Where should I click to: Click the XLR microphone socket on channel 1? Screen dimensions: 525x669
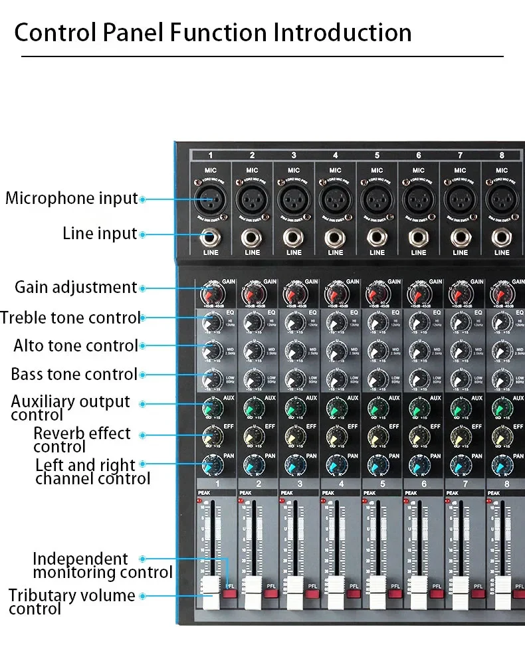pyautogui.click(x=210, y=198)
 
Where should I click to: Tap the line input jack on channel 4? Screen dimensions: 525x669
pyautogui.click(x=335, y=237)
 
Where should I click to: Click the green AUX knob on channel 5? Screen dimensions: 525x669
pyautogui.click(x=376, y=407)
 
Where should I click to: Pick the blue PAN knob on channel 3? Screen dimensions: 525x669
pyautogui.click(x=294, y=464)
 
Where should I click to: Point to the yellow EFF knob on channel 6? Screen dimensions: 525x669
pyautogui.click(x=417, y=435)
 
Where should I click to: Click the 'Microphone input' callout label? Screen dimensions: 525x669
pyautogui.click(x=72, y=198)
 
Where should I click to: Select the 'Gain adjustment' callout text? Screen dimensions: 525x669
pyautogui.click(x=76, y=288)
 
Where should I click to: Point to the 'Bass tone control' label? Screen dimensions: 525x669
pyautogui.click(x=74, y=374)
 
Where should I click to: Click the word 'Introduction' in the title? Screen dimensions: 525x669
pyautogui.click(x=343, y=32)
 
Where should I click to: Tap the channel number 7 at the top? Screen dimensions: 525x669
pyautogui.click(x=460, y=155)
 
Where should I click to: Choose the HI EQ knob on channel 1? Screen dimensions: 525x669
pyautogui.click(x=212, y=322)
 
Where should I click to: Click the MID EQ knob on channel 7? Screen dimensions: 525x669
pyautogui.click(x=460, y=351)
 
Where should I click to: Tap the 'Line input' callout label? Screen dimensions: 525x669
pyautogui.click(x=100, y=234)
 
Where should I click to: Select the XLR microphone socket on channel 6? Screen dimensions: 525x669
pyautogui.click(x=418, y=198)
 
